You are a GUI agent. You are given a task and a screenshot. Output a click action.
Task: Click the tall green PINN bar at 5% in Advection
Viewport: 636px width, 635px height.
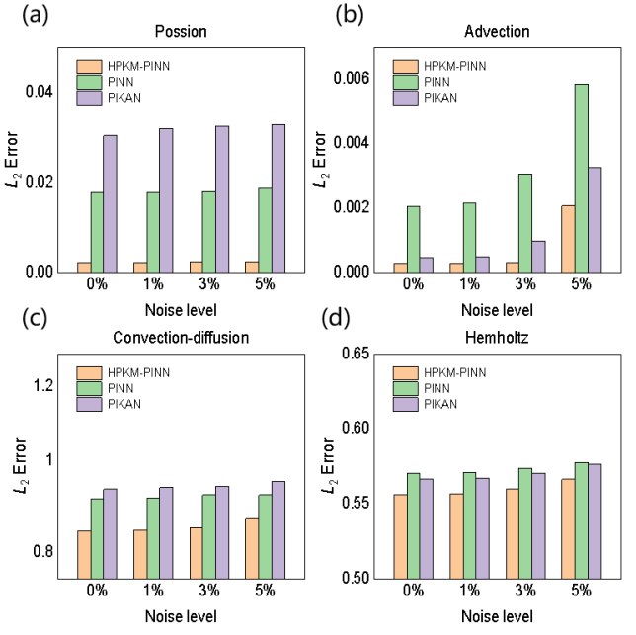582,178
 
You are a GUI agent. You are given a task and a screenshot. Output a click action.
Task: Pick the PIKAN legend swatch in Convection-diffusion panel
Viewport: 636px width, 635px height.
90,404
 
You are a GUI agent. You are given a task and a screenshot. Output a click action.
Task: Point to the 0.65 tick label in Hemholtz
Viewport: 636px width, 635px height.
358,353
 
